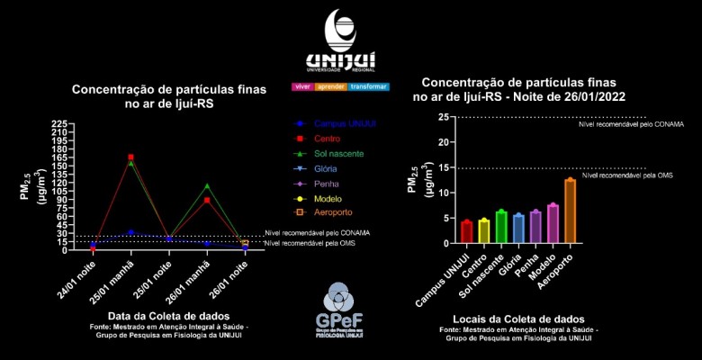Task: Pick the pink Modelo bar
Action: coord(553,224)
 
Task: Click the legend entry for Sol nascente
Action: coord(338,154)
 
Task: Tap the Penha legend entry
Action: coord(327,184)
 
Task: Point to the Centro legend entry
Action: coord(328,139)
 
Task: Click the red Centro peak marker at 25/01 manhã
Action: coord(131,157)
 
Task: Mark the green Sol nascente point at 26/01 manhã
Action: coord(207,186)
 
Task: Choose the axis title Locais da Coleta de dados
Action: coord(517,319)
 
